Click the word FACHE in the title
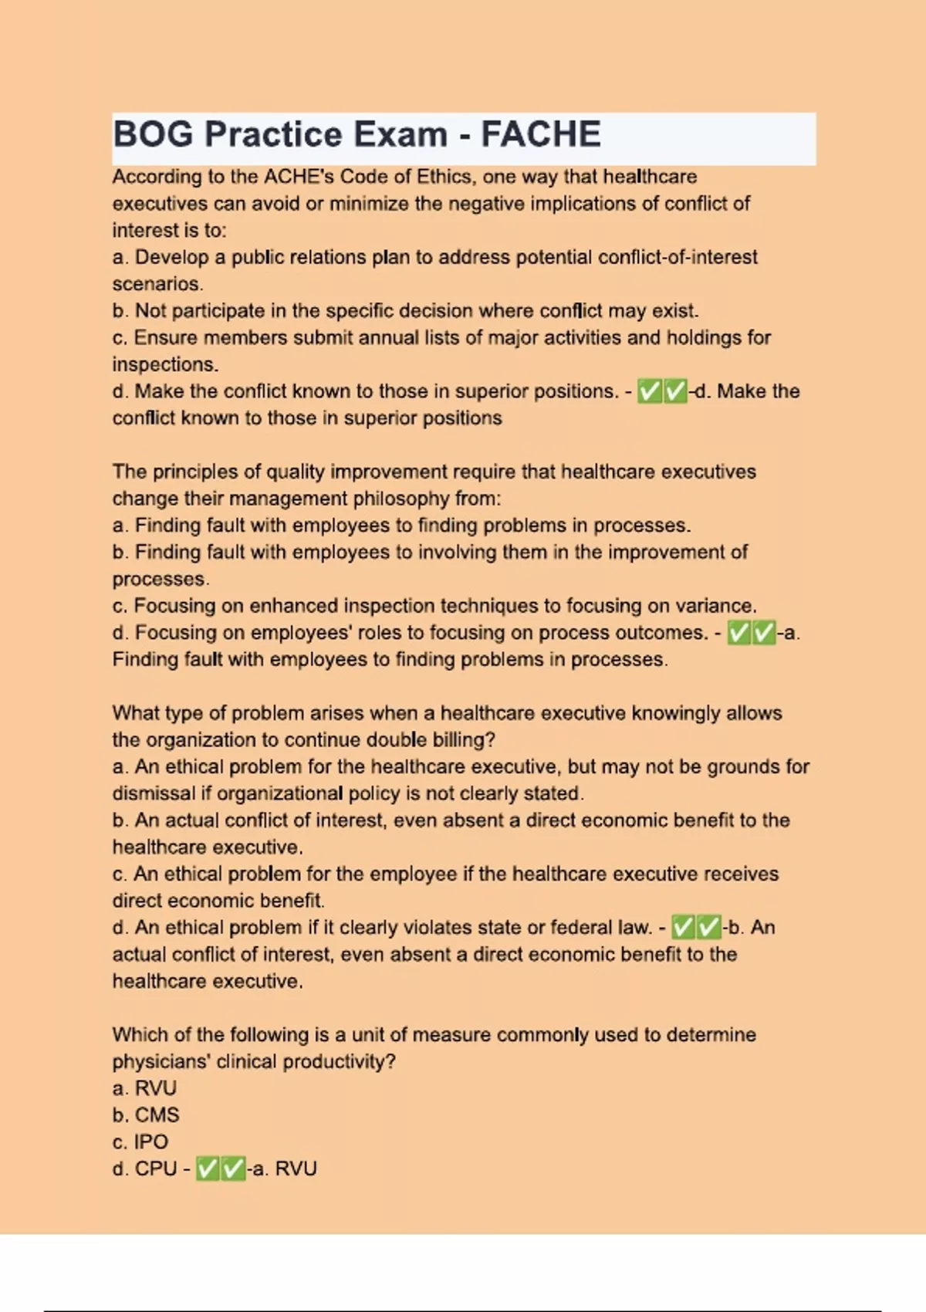pos(541,134)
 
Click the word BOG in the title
pos(153,134)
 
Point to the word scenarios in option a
pos(157,284)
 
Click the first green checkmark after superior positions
pos(650,392)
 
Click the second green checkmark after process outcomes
pos(764,634)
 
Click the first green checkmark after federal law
pos(684,928)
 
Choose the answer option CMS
pos(157,1115)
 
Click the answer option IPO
pos(150,1142)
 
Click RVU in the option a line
pos(156,1088)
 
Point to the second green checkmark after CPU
pos(233,1170)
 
